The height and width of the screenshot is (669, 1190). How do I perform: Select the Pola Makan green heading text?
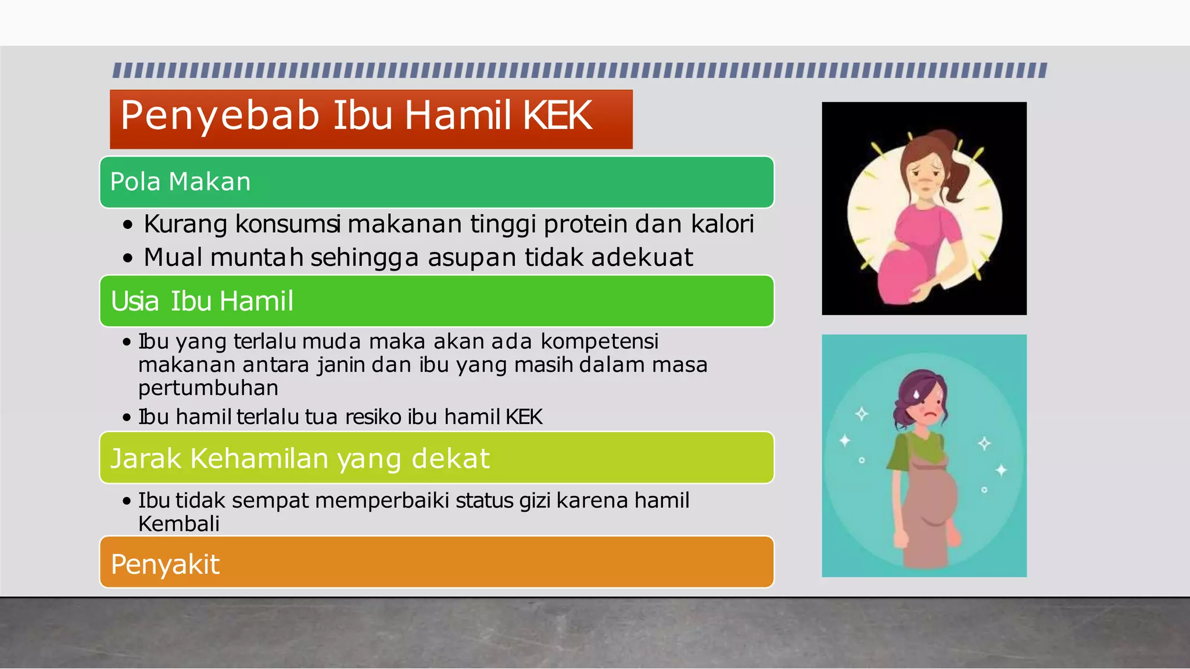(x=180, y=182)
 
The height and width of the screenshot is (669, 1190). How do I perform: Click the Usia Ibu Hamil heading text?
(x=202, y=301)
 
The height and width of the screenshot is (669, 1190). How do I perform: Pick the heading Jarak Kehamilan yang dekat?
(x=300, y=458)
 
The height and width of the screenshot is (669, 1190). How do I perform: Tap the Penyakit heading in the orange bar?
(x=165, y=564)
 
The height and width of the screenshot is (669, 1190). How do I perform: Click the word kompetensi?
(x=599, y=341)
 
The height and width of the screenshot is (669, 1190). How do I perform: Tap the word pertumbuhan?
(x=208, y=388)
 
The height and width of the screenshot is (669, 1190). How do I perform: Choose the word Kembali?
(x=178, y=524)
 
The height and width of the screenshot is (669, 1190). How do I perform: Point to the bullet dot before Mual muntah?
(x=128, y=258)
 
